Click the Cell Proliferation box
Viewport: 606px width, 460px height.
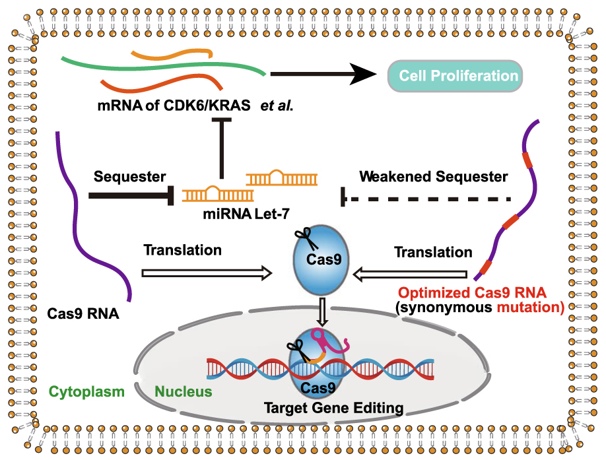coord(454,75)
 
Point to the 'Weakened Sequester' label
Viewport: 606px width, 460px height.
coord(434,176)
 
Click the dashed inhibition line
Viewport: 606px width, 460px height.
coord(429,197)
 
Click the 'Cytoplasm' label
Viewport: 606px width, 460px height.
coord(86,391)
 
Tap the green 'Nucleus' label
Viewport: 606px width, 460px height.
coord(184,391)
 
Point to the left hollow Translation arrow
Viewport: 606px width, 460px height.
coord(207,272)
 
